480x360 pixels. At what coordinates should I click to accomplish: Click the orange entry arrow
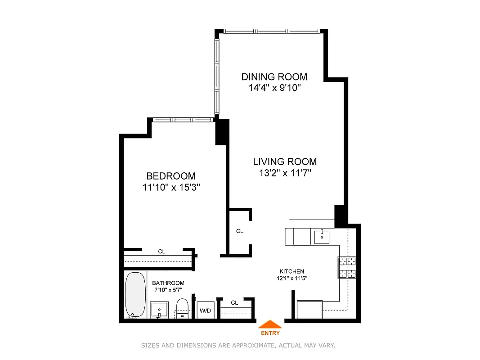[x=270, y=324]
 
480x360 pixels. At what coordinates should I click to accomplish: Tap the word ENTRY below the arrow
[x=270, y=333]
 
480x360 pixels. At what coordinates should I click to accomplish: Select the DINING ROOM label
[x=274, y=76]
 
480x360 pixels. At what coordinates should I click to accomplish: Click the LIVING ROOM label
[x=284, y=162]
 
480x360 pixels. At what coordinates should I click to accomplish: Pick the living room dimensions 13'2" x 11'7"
[x=284, y=172]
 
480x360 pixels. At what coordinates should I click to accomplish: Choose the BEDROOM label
[x=171, y=176]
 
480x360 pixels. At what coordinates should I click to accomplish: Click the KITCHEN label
[x=292, y=271]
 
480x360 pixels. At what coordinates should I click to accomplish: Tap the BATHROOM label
[x=168, y=283]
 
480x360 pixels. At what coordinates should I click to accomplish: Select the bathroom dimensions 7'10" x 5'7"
[x=168, y=289]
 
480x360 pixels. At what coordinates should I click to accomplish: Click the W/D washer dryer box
[x=205, y=310]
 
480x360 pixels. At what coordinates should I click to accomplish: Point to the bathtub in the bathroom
[x=133, y=295]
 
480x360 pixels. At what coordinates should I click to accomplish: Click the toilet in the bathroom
[x=182, y=308]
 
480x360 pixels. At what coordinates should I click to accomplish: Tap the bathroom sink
[x=159, y=310]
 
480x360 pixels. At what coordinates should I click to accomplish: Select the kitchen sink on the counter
[x=322, y=236]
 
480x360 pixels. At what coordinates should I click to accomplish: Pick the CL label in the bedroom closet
[x=161, y=252]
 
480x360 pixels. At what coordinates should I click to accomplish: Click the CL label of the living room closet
[x=240, y=231]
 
